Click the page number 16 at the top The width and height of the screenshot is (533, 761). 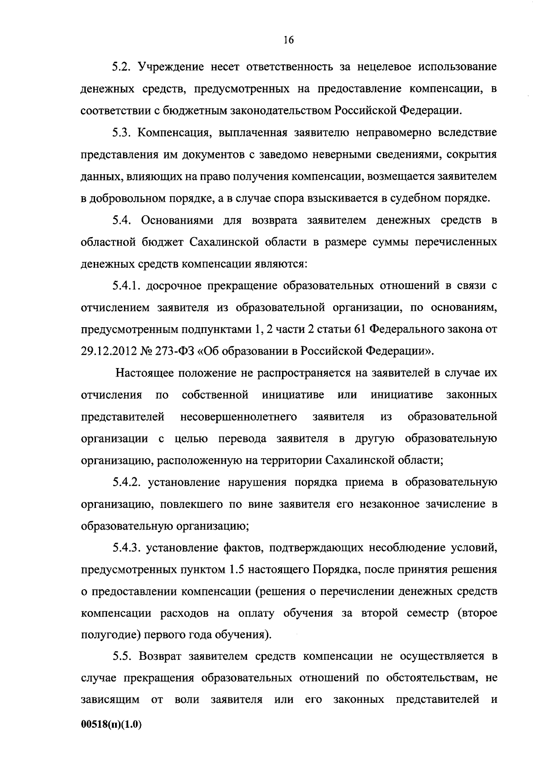coord(288,40)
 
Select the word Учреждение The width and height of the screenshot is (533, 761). coord(165,67)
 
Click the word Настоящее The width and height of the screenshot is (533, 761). coord(145,373)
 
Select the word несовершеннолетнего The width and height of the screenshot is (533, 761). coord(239,417)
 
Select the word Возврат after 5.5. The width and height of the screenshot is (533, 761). coord(160,657)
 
